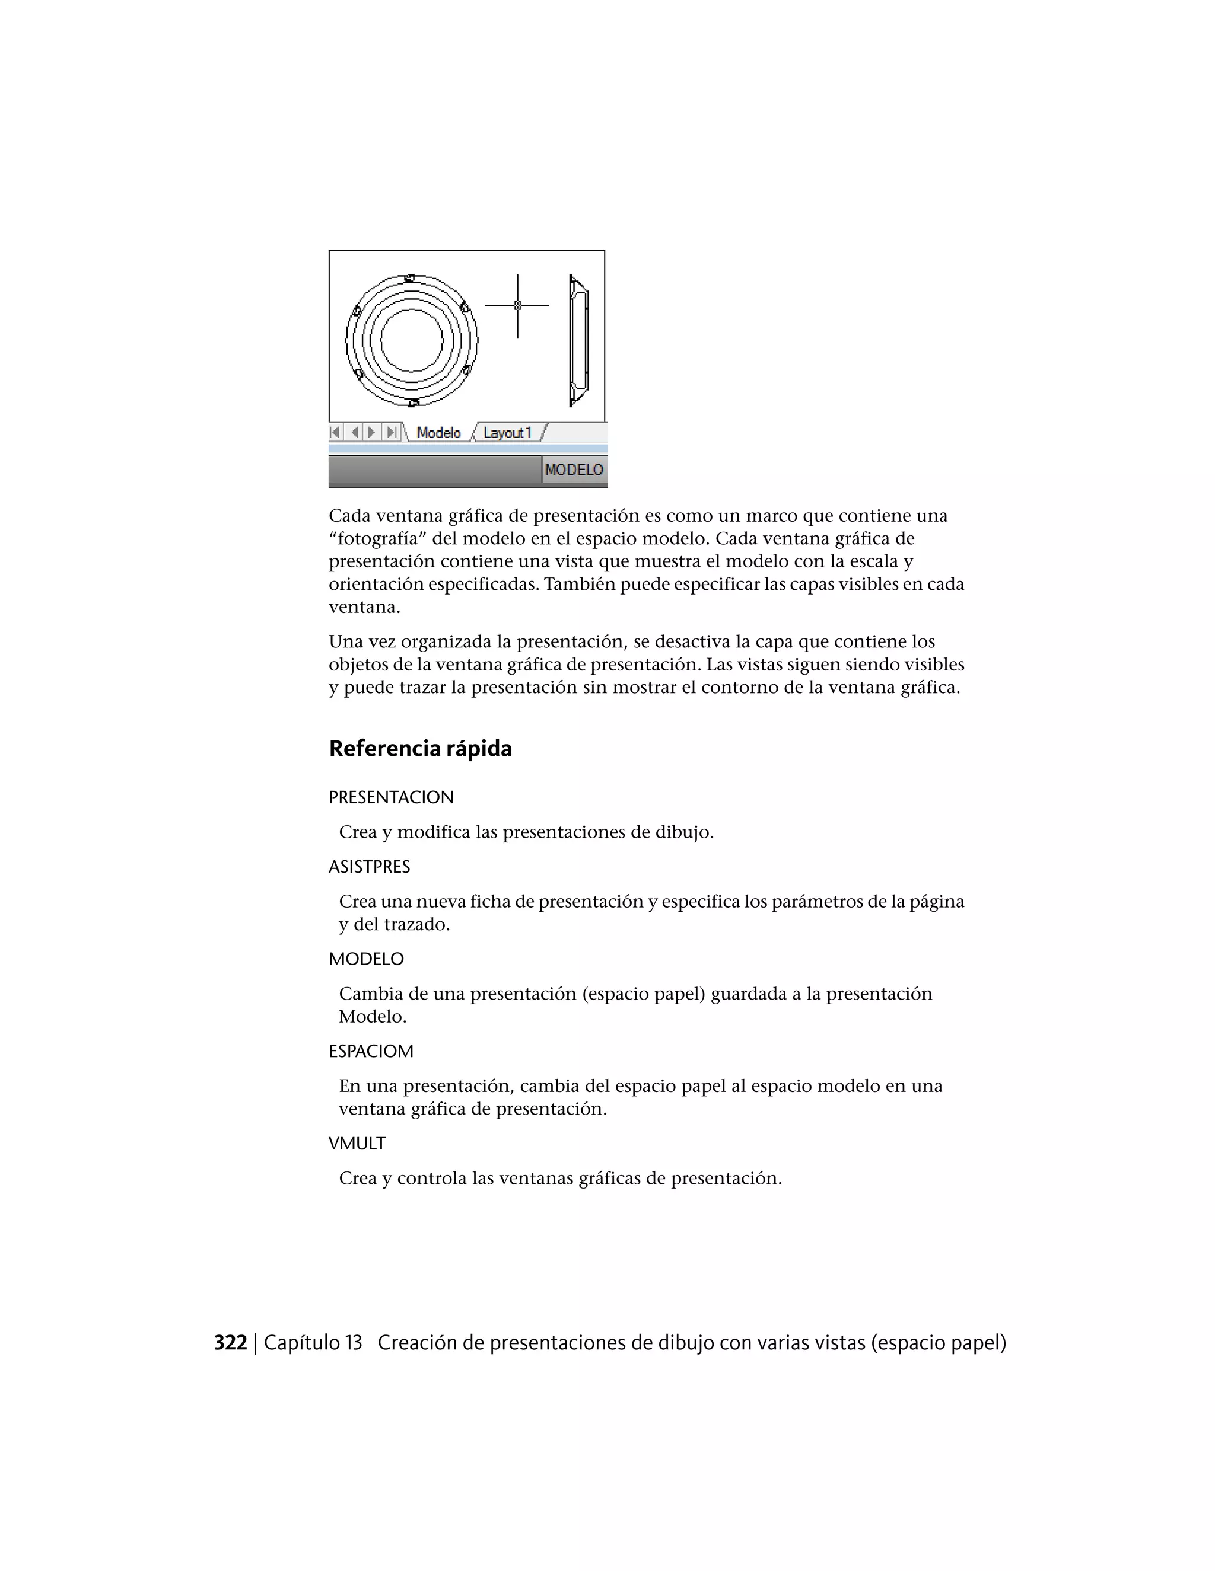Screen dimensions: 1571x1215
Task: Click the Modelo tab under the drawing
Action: pyautogui.click(x=438, y=433)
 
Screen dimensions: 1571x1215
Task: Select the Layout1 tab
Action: pyautogui.click(x=507, y=433)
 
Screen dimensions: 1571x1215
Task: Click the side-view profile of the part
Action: pyautogui.click(x=578, y=340)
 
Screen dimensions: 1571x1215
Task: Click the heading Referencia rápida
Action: pyautogui.click(x=421, y=749)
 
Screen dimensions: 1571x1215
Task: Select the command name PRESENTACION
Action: pyautogui.click(x=391, y=798)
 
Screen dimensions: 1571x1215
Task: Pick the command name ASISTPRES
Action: pyautogui.click(x=369, y=867)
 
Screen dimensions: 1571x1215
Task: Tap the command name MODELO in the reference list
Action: pyautogui.click(x=367, y=959)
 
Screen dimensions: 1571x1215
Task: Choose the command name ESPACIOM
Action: pyautogui.click(x=371, y=1051)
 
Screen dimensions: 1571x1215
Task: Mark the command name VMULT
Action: pyautogui.click(x=357, y=1143)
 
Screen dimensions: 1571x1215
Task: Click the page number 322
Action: pyautogui.click(x=230, y=1343)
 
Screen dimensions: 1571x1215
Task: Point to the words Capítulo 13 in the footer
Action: pyautogui.click(x=313, y=1343)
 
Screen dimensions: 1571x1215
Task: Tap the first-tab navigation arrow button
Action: pyautogui.click(x=335, y=433)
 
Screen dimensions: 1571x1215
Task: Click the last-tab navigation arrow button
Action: pyautogui.click(x=392, y=433)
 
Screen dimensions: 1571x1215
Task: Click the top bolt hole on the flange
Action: pyautogui.click(x=409, y=277)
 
